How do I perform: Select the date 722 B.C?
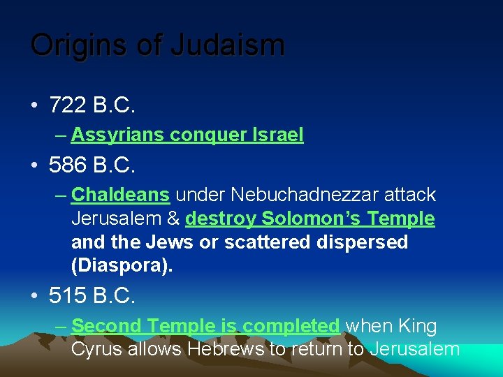click(x=92, y=106)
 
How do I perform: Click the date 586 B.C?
click(x=92, y=165)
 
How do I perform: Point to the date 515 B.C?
click(x=92, y=295)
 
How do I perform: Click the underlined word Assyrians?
click(x=119, y=135)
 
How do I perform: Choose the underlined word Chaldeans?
click(x=120, y=194)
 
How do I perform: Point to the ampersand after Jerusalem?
click(x=173, y=219)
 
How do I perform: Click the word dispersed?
click(x=365, y=242)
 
